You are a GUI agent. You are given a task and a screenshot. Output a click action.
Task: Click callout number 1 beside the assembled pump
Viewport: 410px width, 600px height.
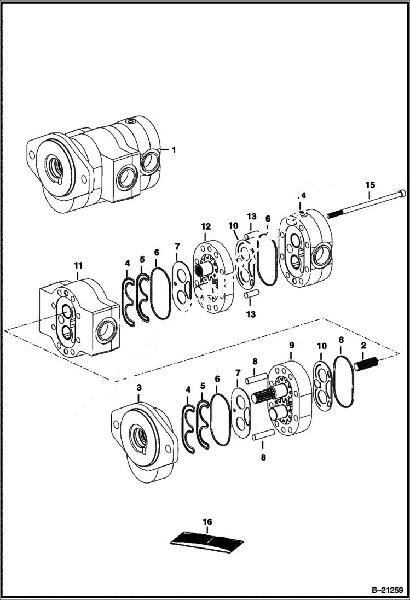pyautogui.click(x=174, y=149)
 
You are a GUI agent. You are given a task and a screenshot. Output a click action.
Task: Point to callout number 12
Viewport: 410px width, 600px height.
pyautogui.click(x=205, y=226)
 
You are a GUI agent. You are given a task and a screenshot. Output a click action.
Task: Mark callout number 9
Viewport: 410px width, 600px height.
pyautogui.click(x=291, y=345)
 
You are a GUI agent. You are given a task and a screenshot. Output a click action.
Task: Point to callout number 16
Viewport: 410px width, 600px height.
pyautogui.click(x=207, y=522)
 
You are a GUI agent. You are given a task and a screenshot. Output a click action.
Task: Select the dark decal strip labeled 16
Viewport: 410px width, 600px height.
pyautogui.click(x=207, y=540)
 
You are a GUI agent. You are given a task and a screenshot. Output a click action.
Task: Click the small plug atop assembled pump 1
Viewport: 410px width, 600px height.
pyautogui.click(x=129, y=121)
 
